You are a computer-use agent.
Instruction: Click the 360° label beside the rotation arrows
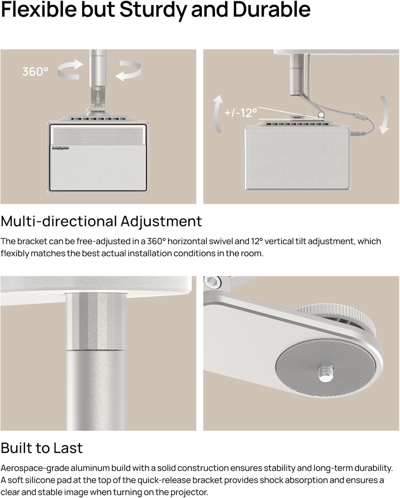35,71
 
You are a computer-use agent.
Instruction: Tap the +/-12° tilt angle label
241,113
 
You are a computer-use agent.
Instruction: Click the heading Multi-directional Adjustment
101,221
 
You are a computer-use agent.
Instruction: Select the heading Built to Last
41,448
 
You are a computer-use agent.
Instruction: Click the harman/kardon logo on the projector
57,148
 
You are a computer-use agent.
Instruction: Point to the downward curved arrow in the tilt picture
384,115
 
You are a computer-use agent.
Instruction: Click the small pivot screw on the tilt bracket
321,115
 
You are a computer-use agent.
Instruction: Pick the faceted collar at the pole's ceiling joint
96,321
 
